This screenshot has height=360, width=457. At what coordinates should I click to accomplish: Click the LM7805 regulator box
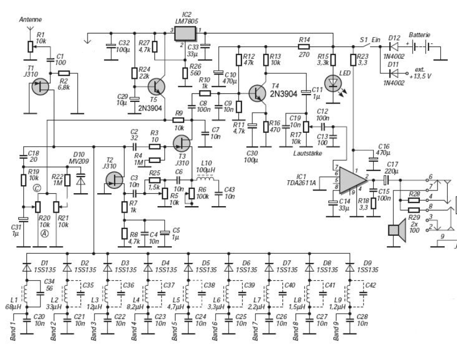click(x=185, y=33)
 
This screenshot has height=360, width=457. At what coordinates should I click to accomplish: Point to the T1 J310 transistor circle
click(x=40, y=86)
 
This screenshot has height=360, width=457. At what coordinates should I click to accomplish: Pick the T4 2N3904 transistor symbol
click(x=257, y=93)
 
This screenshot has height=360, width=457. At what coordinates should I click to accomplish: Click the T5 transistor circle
click(x=156, y=86)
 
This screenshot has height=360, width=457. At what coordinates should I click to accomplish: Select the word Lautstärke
click(x=308, y=153)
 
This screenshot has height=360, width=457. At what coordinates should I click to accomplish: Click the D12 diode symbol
click(x=394, y=46)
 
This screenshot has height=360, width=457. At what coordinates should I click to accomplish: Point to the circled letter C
click(x=37, y=188)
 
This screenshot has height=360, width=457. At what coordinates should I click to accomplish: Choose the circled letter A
click(x=44, y=233)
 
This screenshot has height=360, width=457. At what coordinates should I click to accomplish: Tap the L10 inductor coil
click(x=205, y=178)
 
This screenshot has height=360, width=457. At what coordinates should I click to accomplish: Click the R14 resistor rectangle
click(x=304, y=46)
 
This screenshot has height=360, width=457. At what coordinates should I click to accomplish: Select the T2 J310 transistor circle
click(x=114, y=180)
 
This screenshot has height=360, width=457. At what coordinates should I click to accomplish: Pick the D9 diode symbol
click(x=350, y=267)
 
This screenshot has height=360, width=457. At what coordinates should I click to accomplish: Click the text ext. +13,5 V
click(x=420, y=73)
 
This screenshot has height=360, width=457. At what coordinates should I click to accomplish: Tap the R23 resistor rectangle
click(x=353, y=60)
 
